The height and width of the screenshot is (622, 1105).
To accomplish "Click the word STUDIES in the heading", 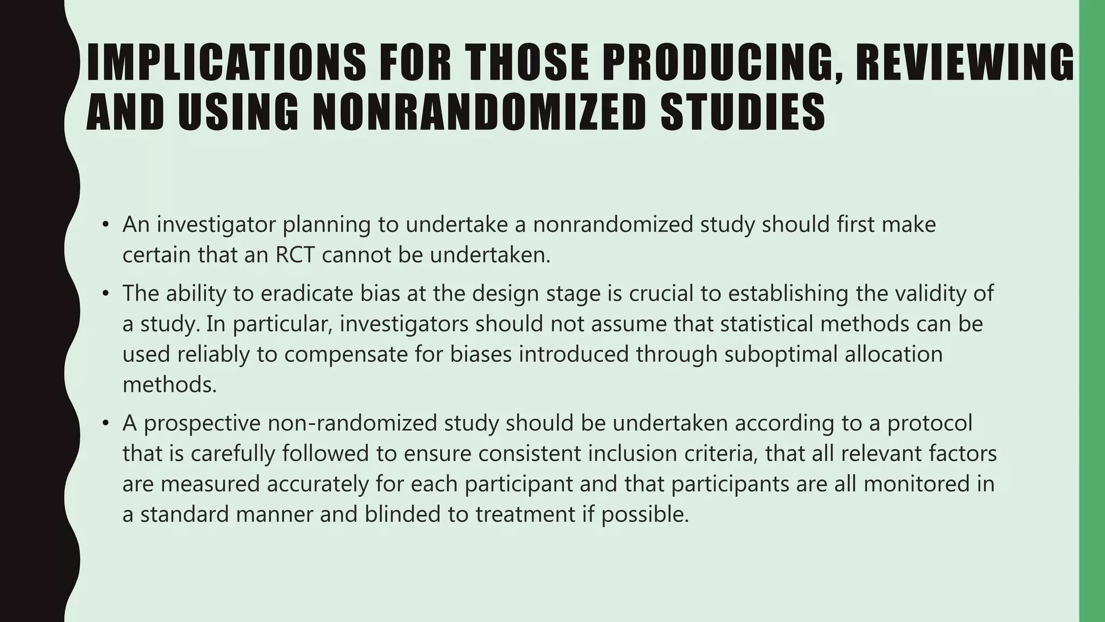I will pos(743,112).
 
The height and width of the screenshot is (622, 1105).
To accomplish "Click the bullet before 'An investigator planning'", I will pos(106,224).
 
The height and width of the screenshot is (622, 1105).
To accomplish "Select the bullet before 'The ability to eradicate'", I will pos(106,294).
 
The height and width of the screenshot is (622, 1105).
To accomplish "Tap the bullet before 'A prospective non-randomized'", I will pos(106,423).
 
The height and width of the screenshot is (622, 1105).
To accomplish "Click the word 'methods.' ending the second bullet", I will pos(169,385).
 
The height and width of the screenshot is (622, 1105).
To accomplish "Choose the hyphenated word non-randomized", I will pos(352,423).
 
